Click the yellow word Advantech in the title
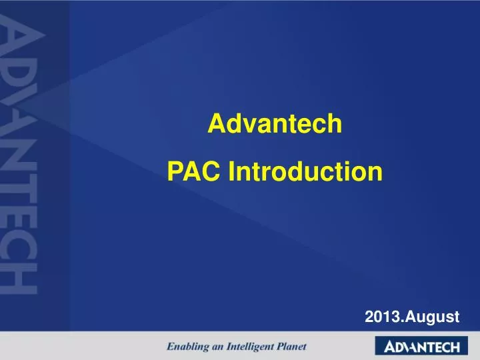(x=275, y=124)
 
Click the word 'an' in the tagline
(x=223, y=347)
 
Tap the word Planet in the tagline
(x=293, y=347)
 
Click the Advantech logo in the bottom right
(x=417, y=347)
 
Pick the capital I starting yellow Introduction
(x=232, y=172)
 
